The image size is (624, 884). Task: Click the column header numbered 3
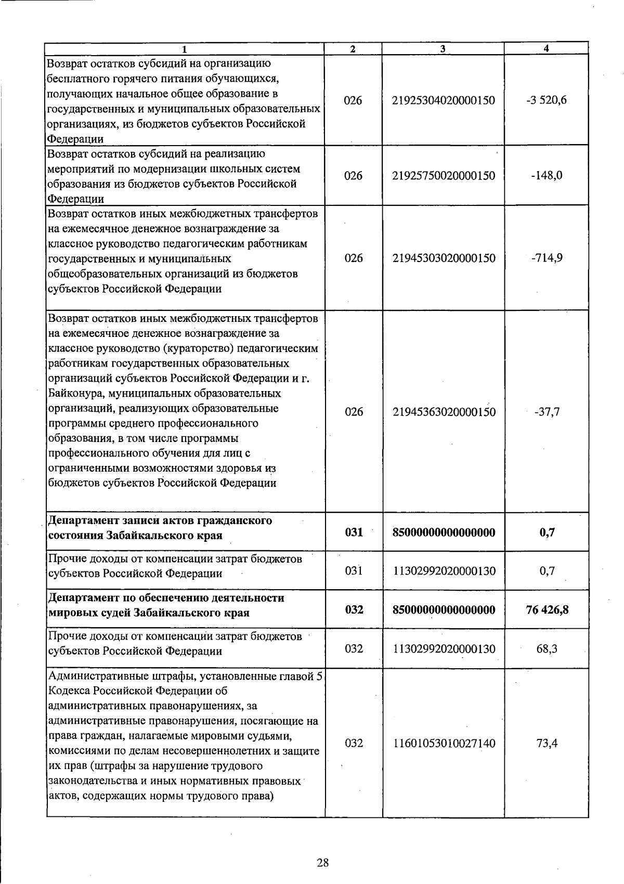click(443, 49)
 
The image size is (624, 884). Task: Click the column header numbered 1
click(184, 49)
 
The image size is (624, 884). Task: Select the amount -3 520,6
click(546, 100)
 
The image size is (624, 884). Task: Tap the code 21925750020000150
click(444, 175)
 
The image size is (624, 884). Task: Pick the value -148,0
click(547, 175)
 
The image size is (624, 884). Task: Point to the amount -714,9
click(547, 258)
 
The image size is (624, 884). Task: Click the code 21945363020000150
click(444, 412)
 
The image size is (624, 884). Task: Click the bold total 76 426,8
click(547, 609)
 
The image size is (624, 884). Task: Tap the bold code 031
click(354, 532)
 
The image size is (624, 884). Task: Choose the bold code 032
click(354, 609)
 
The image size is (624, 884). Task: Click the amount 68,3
click(547, 649)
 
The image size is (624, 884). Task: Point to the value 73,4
click(547, 743)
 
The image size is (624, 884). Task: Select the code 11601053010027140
click(444, 743)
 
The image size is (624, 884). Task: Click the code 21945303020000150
click(444, 258)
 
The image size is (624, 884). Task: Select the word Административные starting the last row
click(94, 676)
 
